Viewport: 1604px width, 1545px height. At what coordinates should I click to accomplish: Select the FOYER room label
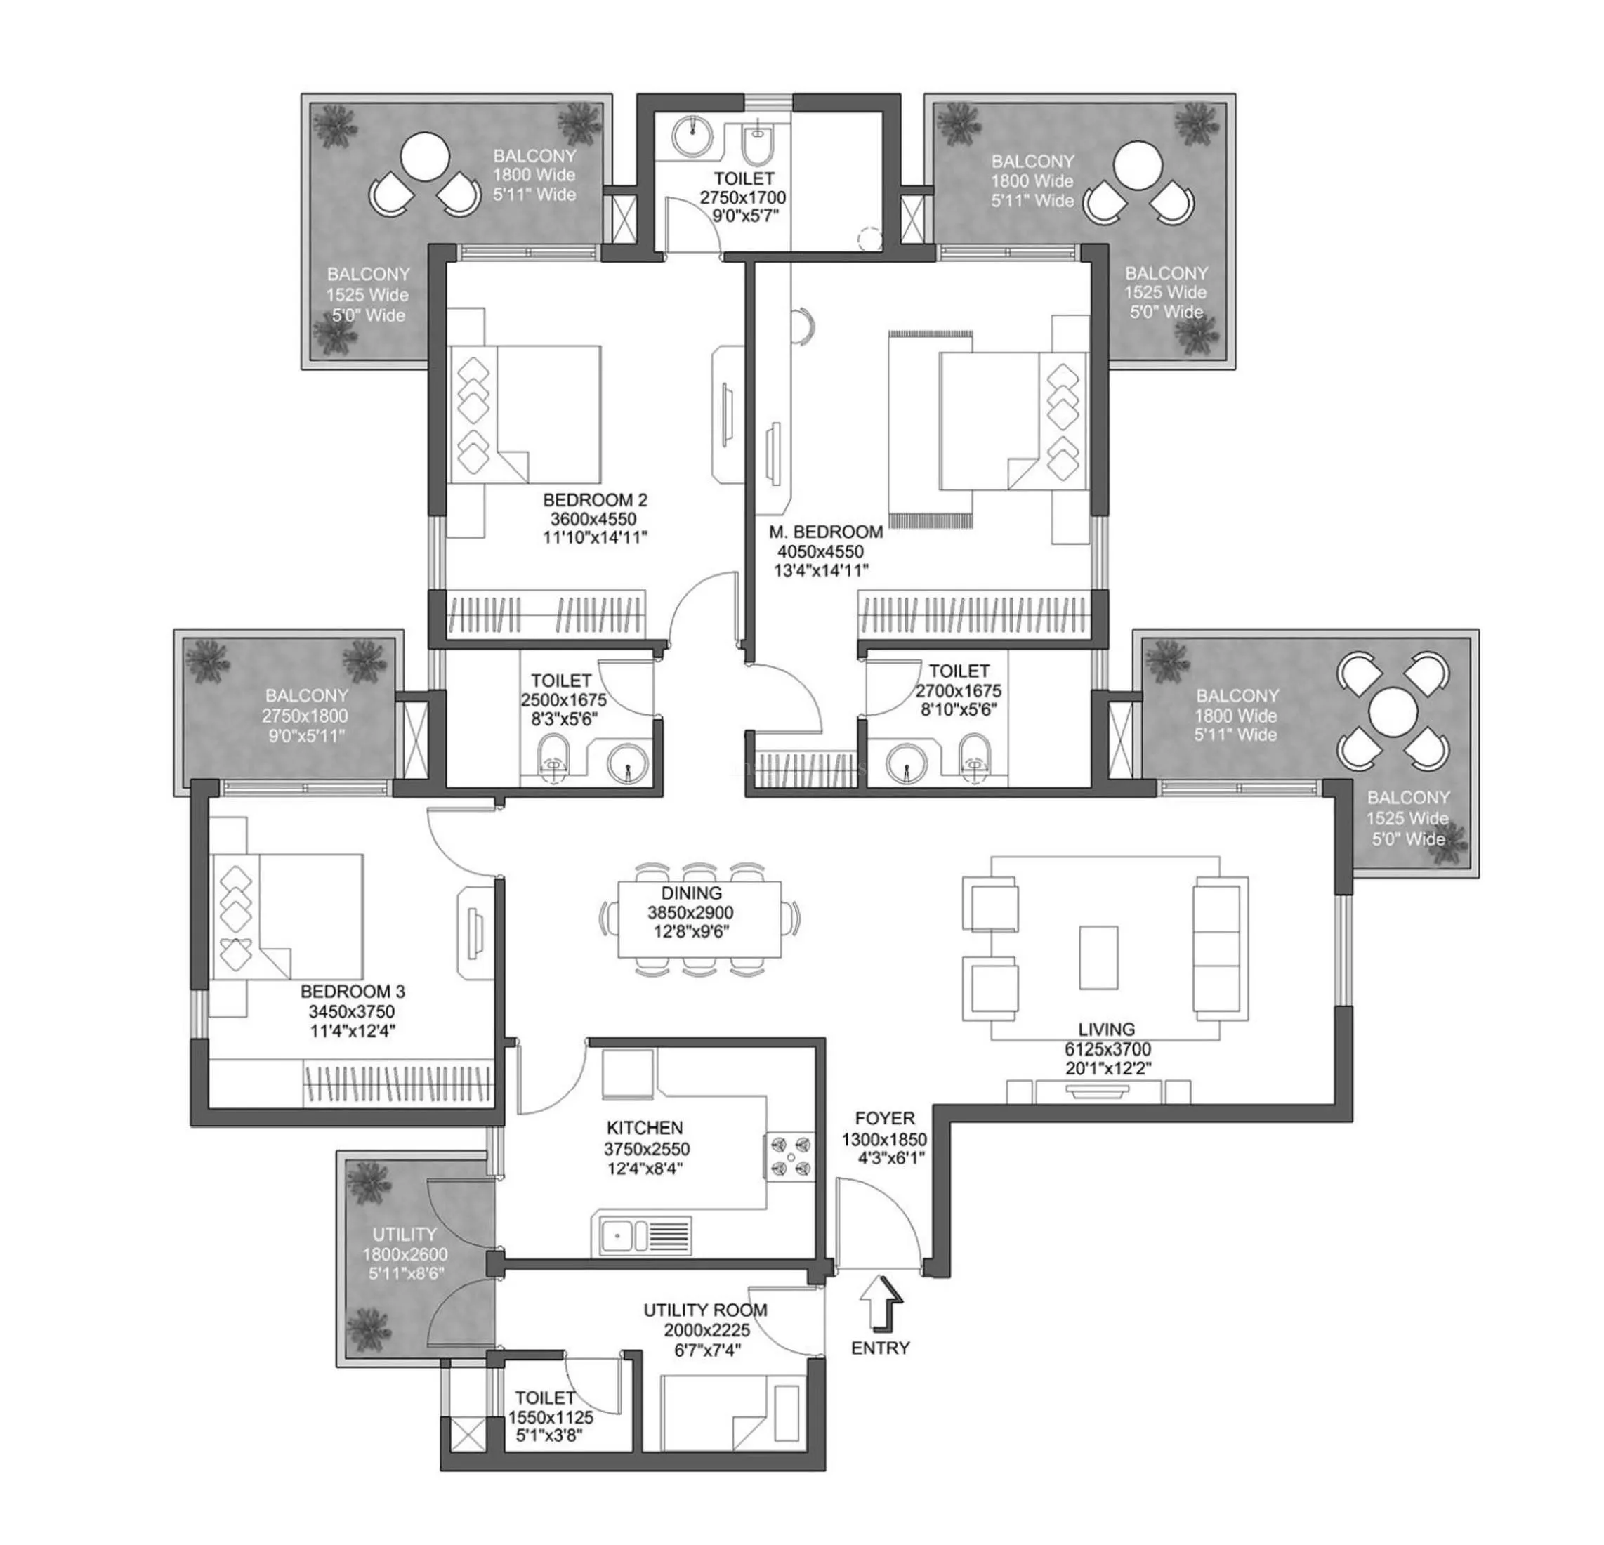click(x=885, y=1118)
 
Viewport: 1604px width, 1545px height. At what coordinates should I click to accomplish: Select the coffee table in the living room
click(x=1098, y=957)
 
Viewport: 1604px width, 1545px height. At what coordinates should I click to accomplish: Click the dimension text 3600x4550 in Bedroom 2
click(x=593, y=519)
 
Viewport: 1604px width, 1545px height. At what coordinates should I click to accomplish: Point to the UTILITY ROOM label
click(x=704, y=1310)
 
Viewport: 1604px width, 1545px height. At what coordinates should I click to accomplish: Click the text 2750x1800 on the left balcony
click(x=305, y=715)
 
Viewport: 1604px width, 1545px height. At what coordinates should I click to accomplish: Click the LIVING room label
click(x=1105, y=1030)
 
